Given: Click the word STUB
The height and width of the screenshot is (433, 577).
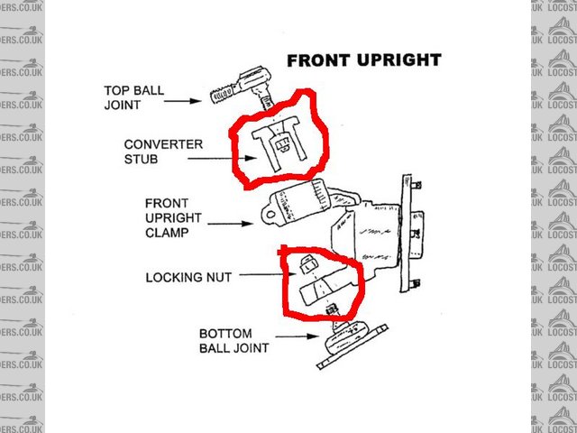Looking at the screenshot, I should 140,159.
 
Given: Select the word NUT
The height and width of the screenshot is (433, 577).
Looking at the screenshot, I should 218,278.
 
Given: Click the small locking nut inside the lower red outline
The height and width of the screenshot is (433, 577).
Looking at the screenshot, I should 306,263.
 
